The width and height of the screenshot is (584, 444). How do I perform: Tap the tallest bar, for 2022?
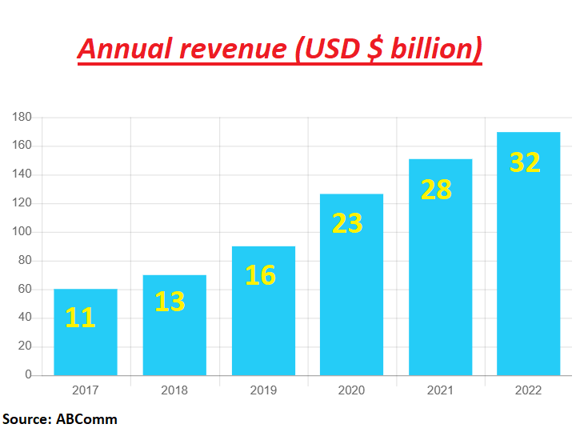coord(528,264)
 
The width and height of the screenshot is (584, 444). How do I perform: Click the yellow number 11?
coord(80,318)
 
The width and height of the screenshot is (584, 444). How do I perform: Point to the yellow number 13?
coord(170,302)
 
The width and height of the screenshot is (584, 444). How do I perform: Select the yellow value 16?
coord(260,275)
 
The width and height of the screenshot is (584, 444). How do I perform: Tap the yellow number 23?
coord(347,224)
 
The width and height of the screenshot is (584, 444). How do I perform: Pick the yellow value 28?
coord(436,190)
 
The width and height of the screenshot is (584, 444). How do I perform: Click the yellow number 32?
coord(525,162)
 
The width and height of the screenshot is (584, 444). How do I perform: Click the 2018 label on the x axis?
coord(174,390)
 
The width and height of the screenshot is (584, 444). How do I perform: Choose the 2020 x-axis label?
coord(351,390)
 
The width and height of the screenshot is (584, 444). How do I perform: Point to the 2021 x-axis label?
coord(440,390)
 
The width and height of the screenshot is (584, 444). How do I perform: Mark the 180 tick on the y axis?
coord(22,118)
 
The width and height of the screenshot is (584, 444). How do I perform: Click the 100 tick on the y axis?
coord(22,232)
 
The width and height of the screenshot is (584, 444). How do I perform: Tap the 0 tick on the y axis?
coord(28,375)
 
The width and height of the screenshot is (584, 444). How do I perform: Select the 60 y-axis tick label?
coord(25,290)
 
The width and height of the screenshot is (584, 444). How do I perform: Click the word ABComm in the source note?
coord(86,419)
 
